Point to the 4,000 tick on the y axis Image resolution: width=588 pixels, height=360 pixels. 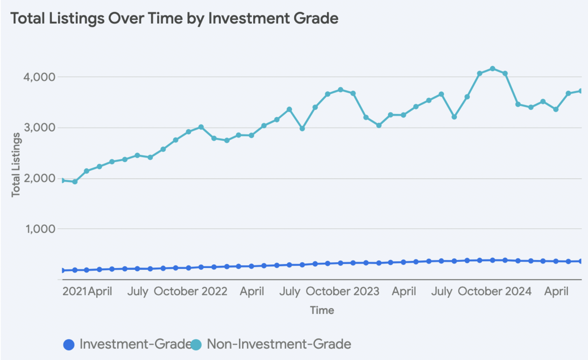click(39, 77)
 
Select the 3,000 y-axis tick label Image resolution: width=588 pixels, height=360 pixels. click(39, 128)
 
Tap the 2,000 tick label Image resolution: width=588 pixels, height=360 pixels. click(39, 178)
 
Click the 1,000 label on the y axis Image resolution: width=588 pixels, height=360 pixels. click(40, 229)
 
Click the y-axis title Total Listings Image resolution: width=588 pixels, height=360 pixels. click(16, 165)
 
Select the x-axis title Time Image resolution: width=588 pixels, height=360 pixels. click(322, 310)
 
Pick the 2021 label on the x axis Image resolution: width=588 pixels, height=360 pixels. click(75, 291)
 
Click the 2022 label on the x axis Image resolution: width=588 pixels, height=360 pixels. click(214, 291)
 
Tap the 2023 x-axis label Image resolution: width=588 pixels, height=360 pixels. click(366, 291)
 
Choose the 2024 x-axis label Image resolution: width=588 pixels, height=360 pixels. click(519, 291)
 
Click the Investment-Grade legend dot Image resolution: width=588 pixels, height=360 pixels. click(69, 344)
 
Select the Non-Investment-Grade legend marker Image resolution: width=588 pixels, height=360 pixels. click(196, 344)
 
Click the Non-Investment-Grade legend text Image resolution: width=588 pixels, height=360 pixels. click(279, 344)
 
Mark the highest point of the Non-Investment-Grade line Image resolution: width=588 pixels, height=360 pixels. click(493, 68)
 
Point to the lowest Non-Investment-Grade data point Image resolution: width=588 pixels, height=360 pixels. click(75, 181)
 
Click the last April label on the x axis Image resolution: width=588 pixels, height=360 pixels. click(556, 291)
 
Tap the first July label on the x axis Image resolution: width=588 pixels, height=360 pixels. click(138, 291)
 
